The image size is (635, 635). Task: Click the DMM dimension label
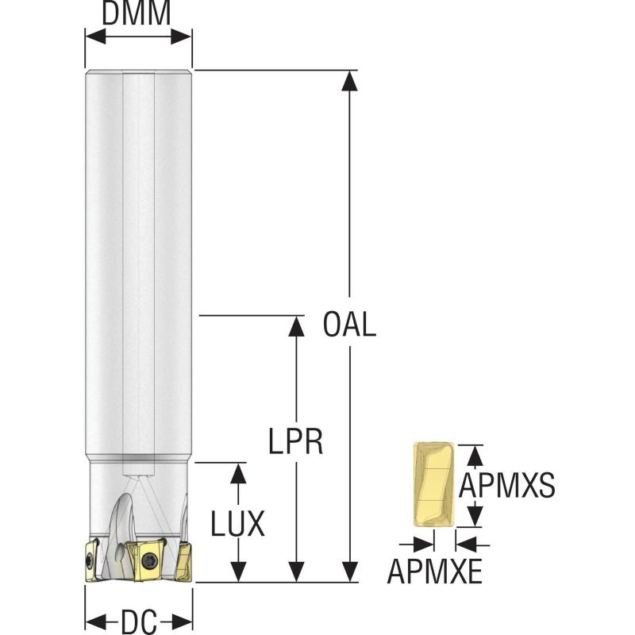(x=138, y=14)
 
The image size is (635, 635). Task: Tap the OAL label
(x=349, y=325)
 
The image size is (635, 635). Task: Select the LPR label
(x=294, y=441)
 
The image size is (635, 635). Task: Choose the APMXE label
(x=434, y=570)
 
